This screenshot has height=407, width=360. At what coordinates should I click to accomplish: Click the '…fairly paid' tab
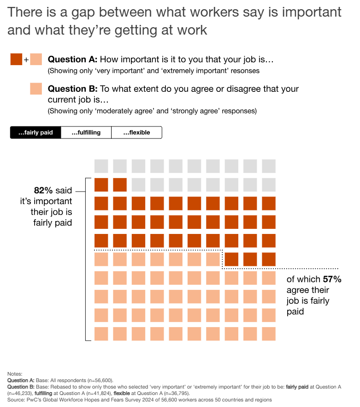click(35, 133)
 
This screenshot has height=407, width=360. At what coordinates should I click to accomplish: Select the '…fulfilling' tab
click(86, 133)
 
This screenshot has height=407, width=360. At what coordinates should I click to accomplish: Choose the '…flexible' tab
click(136, 133)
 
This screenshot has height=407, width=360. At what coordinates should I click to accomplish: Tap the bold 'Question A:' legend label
click(72, 60)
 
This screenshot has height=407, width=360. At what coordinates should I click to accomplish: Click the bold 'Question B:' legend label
click(72, 89)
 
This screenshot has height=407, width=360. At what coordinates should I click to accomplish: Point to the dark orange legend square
click(16, 60)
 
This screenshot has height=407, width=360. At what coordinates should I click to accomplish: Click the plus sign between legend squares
click(26, 60)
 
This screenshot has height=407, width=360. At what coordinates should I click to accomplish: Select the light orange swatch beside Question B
click(36, 89)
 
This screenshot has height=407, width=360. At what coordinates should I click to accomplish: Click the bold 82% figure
click(43, 190)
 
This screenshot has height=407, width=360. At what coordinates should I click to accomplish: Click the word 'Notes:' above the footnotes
click(15, 374)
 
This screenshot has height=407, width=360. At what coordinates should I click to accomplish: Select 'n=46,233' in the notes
click(21, 393)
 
